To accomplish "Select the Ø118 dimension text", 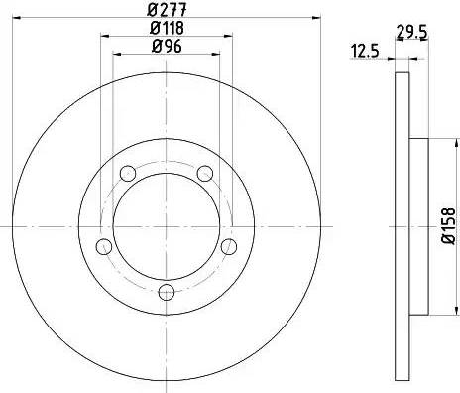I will [166, 28].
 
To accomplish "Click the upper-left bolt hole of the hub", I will [127, 175].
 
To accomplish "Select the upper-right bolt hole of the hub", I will [206, 175].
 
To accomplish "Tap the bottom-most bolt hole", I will [167, 291].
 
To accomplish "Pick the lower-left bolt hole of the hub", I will [103, 246].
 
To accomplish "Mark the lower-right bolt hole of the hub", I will [229, 246].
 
